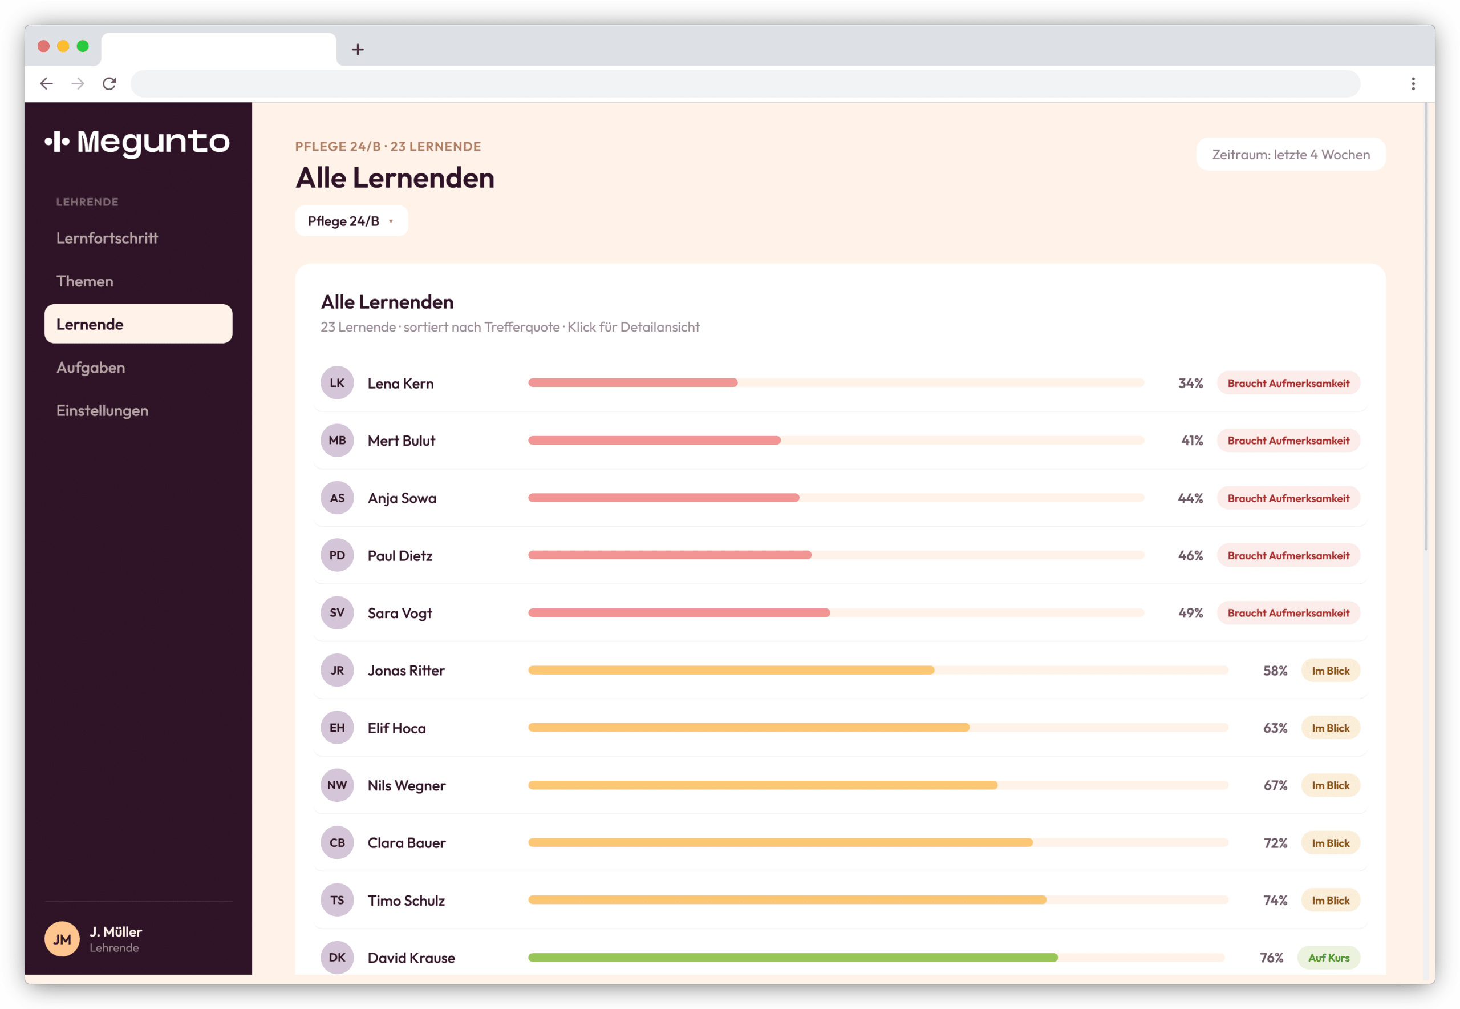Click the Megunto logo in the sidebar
(137, 142)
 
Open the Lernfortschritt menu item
(107, 239)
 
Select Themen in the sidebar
(84, 281)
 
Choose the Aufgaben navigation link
(90, 368)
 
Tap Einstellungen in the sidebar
(102, 410)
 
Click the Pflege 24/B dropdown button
(351, 221)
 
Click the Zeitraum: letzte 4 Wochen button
(1291, 154)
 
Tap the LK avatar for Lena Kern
(338, 383)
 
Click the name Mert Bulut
(401, 441)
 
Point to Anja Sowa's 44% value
(1190, 498)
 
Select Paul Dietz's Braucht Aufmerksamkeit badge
(1288, 556)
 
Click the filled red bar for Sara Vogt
(679, 612)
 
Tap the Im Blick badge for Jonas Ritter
(1331, 671)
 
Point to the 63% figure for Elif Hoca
(1275, 728)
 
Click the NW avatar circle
(338, 785)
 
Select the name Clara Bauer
(407, 843)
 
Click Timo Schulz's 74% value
(1275, 900)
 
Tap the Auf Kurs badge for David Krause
(1329, 958)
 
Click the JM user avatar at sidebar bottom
(62, 939)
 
